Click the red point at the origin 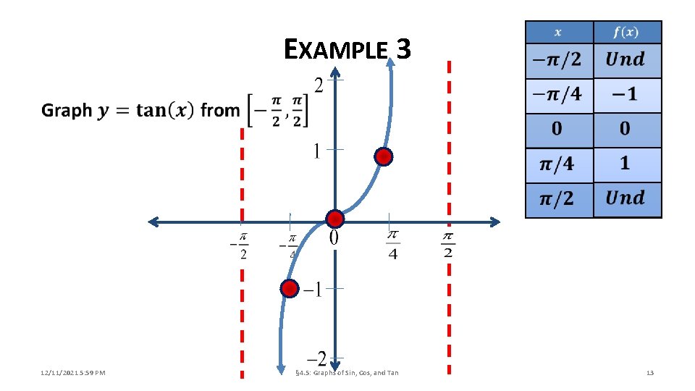point(334,219)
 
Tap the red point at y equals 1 point(384,156)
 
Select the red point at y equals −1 point(289,289)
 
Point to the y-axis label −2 point(316,358)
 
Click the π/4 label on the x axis point(392,245)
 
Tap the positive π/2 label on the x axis point(448,245)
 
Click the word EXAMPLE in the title point(337,50)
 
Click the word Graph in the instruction point(67,111)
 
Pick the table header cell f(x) point(627,33)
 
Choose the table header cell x point(559,33)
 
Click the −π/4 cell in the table point(558,95)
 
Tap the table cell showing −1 point(627,95)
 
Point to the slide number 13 point(649,373)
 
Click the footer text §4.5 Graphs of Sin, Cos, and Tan point(347,373)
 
